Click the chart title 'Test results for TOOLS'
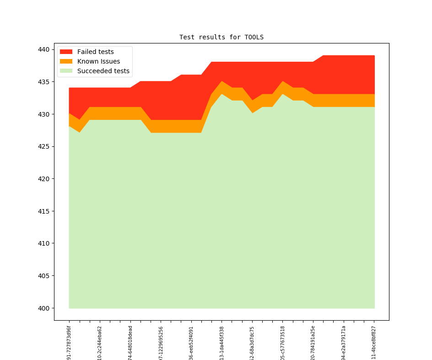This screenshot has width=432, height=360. coord(221,37)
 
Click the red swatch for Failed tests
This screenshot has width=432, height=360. coord(66,52)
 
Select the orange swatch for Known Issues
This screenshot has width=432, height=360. coord(66,61)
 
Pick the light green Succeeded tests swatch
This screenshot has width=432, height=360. coord(66,71)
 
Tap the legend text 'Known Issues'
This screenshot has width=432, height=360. coord(98,61)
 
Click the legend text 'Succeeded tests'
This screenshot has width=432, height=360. coord(103,71)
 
